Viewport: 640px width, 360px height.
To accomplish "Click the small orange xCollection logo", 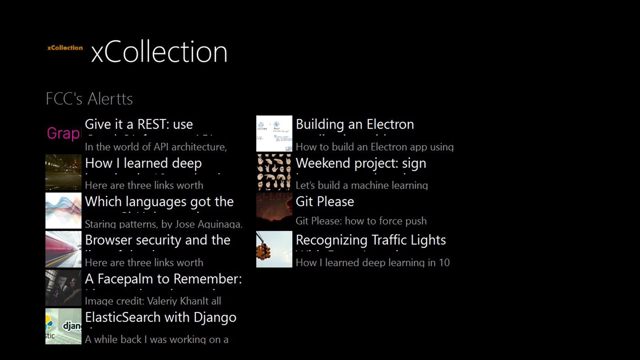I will tap(65, 48).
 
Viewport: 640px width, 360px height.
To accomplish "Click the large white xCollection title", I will tap(159, 52).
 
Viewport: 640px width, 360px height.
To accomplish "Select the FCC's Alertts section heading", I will tap(89, 99).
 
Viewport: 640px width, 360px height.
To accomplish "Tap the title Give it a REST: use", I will tap(139, 124).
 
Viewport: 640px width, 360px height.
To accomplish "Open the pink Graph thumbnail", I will tap(64, 134).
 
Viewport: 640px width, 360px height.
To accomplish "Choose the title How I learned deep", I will tap(143, 163).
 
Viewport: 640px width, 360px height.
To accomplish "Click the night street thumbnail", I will tap(64, 172).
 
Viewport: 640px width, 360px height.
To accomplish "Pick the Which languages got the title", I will tap(159, 202).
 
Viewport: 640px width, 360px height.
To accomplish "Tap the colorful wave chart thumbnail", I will tap(64, 211).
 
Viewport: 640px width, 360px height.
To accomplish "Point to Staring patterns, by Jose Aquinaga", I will tap(164, 224).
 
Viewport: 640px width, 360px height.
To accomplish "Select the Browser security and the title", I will tap(158, 240).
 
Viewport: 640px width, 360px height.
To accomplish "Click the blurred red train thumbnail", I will tap(64, 249).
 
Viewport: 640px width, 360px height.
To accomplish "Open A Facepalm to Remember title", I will tap(163, 279).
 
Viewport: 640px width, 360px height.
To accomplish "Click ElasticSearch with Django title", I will tap(161, 317).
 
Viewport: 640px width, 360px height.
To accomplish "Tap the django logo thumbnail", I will tap(64, 326).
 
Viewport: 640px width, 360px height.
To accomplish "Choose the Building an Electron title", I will tap(355, 124).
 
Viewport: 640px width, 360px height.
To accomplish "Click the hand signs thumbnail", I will tap(274, 172).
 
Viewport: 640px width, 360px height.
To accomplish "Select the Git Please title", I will tap(325, 202).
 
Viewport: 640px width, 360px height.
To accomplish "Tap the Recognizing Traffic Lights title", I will tap(371, 240).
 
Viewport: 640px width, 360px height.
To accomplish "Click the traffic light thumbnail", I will tap(274, 249).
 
